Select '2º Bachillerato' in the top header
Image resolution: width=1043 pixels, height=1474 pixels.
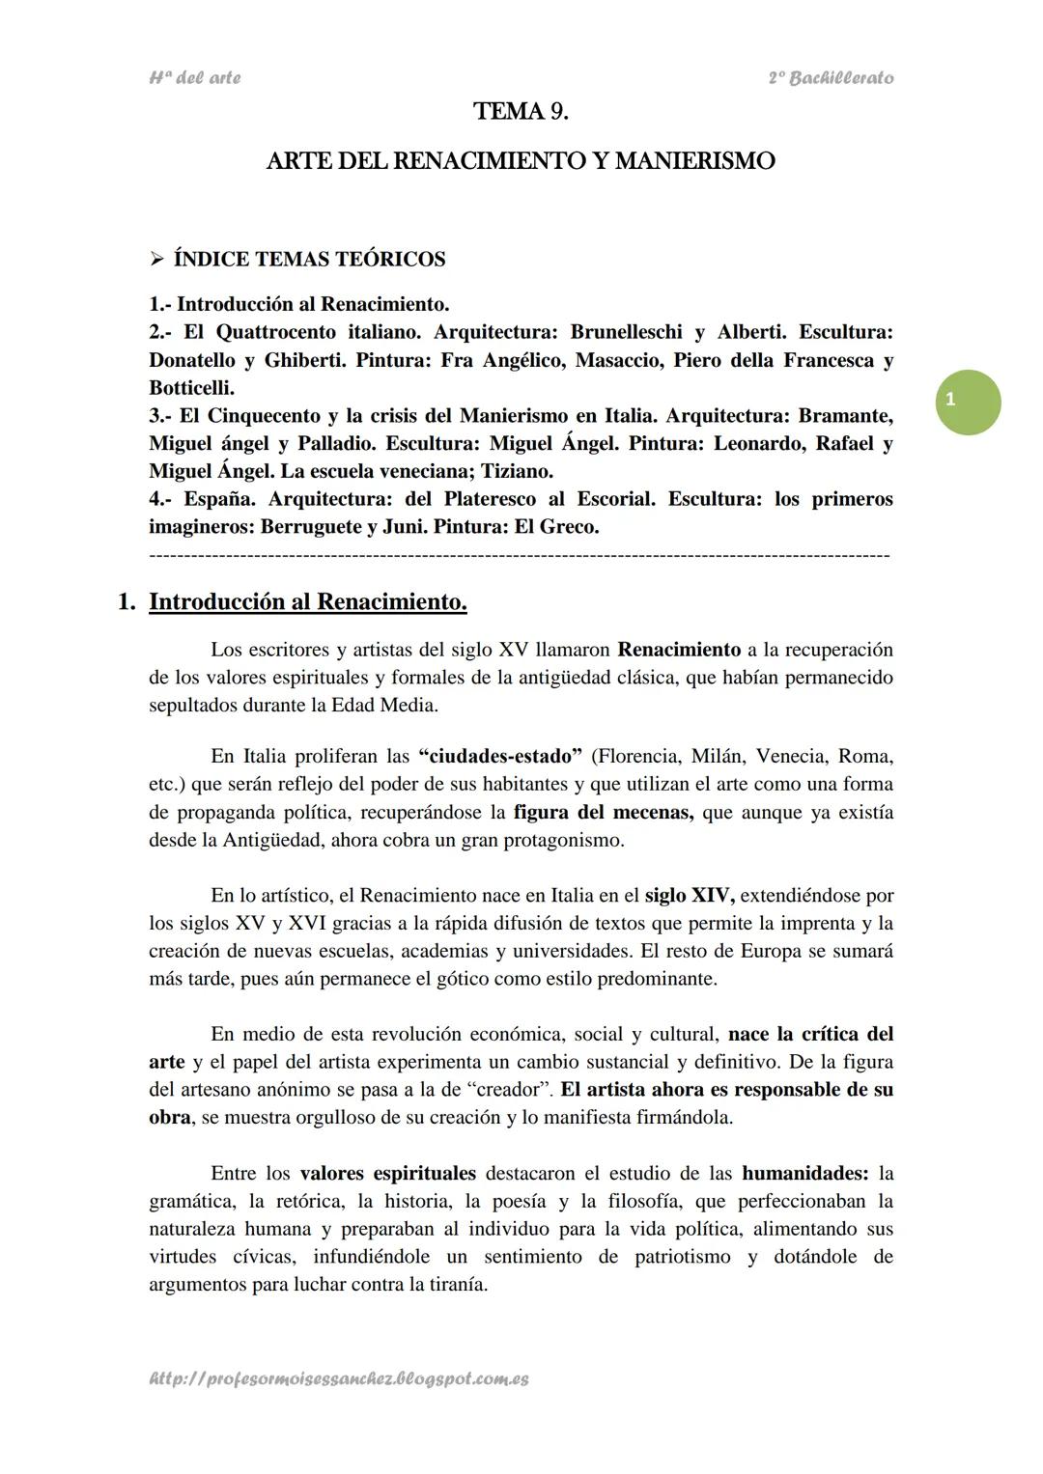pyautogui.click(x=831, y=78)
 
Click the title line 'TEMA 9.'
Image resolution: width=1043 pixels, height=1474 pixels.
pyautogui.click(x=521, y=112)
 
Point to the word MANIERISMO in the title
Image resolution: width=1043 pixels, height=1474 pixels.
pyautogui.click(x=694, y=161)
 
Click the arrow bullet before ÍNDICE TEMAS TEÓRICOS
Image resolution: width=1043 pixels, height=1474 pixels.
pyautogui.click(x=157, y=260)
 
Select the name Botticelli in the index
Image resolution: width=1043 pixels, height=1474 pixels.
pyautogui.click(x=190, y=388)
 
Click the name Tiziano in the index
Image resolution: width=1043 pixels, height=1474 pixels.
pyautogui.click(x=516, y=472)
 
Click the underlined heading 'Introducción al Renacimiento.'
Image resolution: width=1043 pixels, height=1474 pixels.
pyautogui.click(x=308, y=602)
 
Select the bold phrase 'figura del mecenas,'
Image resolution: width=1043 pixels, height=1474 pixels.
pyautogui.click(x=604, y=812)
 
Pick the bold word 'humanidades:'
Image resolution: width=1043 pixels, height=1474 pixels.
pyautogui.click(x=804, y=1175)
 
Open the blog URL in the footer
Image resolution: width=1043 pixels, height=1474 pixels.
pyautogui.click(x=339, y=1380)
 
